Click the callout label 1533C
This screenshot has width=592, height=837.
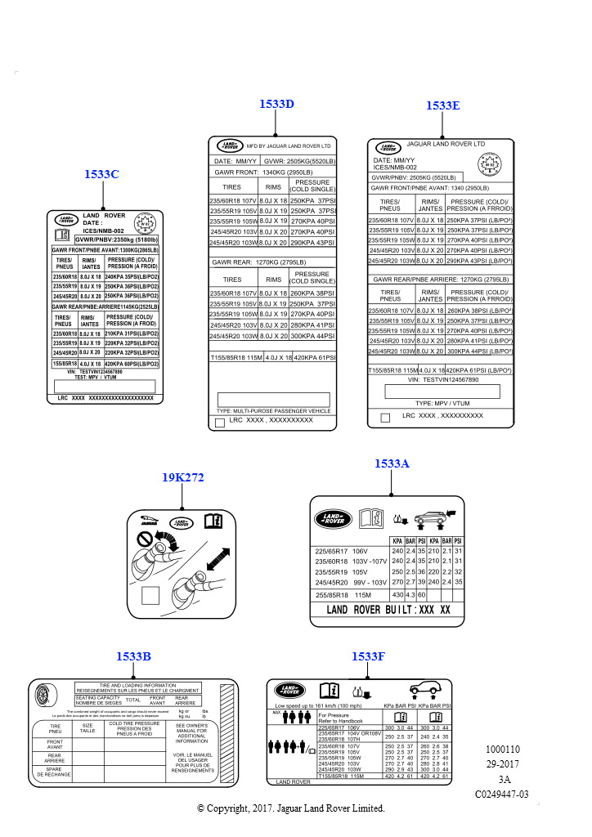click(101, 174)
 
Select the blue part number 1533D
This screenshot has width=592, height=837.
click(276, 104)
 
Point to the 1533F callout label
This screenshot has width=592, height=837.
click(368, 656)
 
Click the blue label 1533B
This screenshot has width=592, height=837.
click(133, 656)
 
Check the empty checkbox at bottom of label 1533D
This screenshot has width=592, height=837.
click(219, 423)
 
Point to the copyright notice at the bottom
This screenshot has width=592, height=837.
click(291, 808)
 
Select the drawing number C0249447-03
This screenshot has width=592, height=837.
click(502, 794)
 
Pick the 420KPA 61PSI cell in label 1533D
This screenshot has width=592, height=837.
click(315, 358)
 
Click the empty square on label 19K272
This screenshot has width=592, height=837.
click(150, 595)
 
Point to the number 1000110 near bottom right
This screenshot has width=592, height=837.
click(502, 749)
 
